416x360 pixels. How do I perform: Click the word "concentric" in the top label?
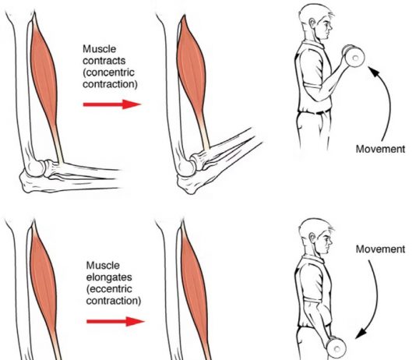pos(110,72)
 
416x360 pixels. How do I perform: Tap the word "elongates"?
pos(109,277)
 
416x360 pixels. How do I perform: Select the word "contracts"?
pos(104,61)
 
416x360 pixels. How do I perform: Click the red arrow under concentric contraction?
pos(112,104)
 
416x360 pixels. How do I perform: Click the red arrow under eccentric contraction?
pos(115,322)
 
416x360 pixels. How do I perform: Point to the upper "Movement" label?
pos(380,149)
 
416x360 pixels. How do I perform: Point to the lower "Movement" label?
pos(380,249)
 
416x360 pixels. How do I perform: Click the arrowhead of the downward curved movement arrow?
pos(361,334)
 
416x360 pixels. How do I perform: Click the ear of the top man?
pos(312,23)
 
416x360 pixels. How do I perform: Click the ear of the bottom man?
pos(312,238)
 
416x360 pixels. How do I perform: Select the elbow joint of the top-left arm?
pos(36,169)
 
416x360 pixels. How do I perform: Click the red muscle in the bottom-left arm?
pos(44,287)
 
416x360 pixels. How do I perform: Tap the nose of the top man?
pos(330,26)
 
